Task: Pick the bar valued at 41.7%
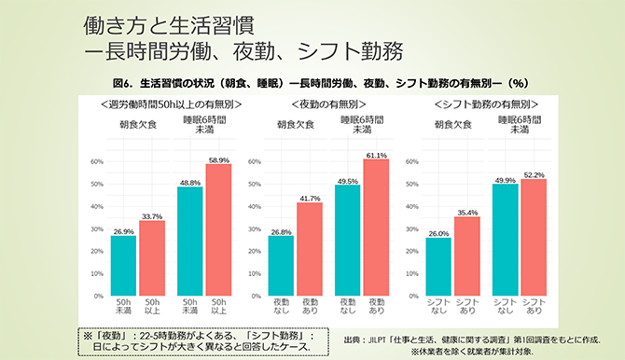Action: [309, 249]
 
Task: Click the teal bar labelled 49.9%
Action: [505, 240]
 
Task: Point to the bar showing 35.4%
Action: [468, 256]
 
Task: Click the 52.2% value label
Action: [534, 174]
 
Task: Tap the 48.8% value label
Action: [190, 183]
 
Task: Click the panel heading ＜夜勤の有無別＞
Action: [327, 103]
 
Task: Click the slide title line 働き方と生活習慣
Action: [168, 21]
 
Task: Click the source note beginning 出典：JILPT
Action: [471, 339]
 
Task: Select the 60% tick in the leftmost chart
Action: [96, 161]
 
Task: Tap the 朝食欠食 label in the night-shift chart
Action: [295, 123]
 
